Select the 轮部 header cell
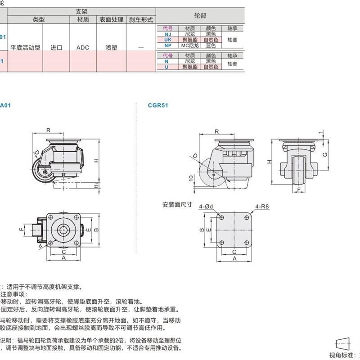tap(200, 15)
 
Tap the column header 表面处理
tap(111, 20)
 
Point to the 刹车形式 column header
tap(141, 20)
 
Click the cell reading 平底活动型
tap(25, 47)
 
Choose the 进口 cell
tap(56, 47)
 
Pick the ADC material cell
tap(83, 47)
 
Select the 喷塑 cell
tap(111, 47)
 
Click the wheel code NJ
tap(167, 34)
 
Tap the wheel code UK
tap(167, 40)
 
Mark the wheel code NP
tap(167, 45)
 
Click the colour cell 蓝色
tap(211, 45)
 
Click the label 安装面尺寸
tap(177, 204)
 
